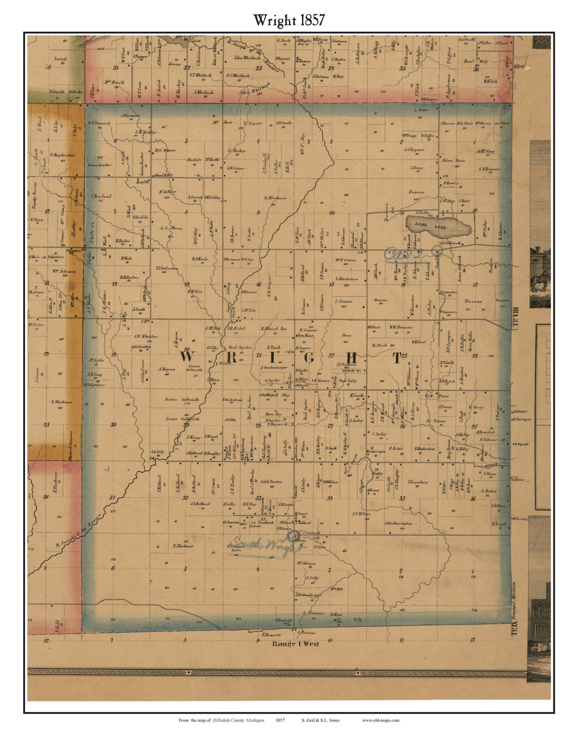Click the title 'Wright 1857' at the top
pos(288,20)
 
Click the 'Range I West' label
pos(295,643)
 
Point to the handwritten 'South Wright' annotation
pos(262,545)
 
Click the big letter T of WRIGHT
pos(397,358)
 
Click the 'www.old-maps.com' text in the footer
pos(380,720)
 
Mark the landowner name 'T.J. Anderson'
pos(166,268)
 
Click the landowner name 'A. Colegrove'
pos(414,149)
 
